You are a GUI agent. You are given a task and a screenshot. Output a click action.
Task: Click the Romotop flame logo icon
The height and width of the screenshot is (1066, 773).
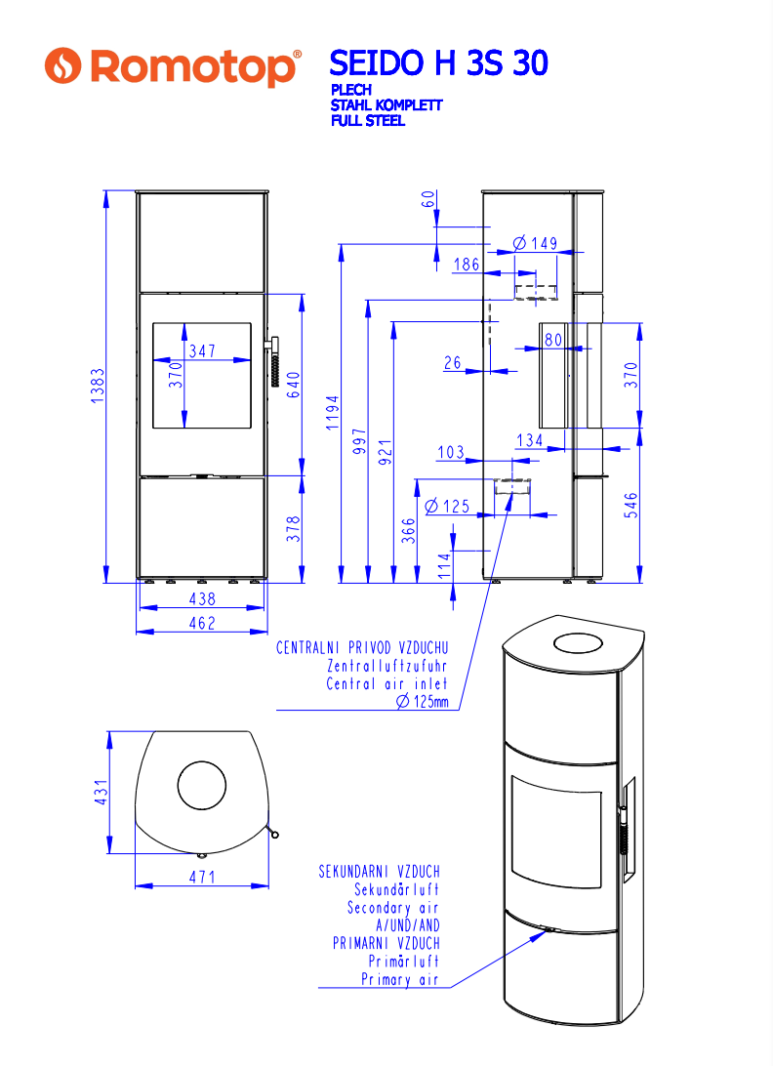click(62, 66)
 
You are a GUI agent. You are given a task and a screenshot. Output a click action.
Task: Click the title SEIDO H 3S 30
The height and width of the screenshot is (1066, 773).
click(438, 63)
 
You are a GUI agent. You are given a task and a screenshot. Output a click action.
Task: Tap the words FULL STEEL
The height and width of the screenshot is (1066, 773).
click(368, 121)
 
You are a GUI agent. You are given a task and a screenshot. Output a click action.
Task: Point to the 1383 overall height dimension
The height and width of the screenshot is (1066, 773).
click(98, 386)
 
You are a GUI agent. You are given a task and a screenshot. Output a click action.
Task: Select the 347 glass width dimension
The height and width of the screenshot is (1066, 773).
click(203, 350)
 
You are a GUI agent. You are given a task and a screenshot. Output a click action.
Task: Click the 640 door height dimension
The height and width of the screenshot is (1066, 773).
click(293, 385)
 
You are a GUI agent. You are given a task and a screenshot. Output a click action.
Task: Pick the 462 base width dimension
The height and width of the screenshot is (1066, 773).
click(202, 623)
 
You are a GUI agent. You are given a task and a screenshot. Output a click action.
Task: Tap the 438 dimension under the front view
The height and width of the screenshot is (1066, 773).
click(202, 599)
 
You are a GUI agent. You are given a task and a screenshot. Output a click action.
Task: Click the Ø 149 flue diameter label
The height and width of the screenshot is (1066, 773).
click(535, 243)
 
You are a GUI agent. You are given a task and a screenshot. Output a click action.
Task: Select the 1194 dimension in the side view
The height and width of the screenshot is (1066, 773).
click(332, 413)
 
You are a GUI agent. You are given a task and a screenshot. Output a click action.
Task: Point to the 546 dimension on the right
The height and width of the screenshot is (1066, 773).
click(631, 505)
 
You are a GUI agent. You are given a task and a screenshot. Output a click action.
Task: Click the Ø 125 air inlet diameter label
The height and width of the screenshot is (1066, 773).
click(447, 506)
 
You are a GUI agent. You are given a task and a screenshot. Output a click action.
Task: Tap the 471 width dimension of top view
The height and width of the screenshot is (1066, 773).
click(202, 877)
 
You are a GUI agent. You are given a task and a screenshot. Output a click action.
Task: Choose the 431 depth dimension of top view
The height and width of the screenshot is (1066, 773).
click(101, 792)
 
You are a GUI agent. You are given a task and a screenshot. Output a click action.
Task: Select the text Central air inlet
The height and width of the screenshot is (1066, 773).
click(386, 684)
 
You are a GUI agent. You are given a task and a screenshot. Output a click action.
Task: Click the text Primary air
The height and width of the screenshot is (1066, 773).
click(400, 979)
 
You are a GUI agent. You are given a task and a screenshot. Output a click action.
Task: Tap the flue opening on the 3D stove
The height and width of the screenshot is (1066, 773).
click(578, 643)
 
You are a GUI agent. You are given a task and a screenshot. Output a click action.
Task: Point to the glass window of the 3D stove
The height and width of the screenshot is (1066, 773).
click(556, 831)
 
